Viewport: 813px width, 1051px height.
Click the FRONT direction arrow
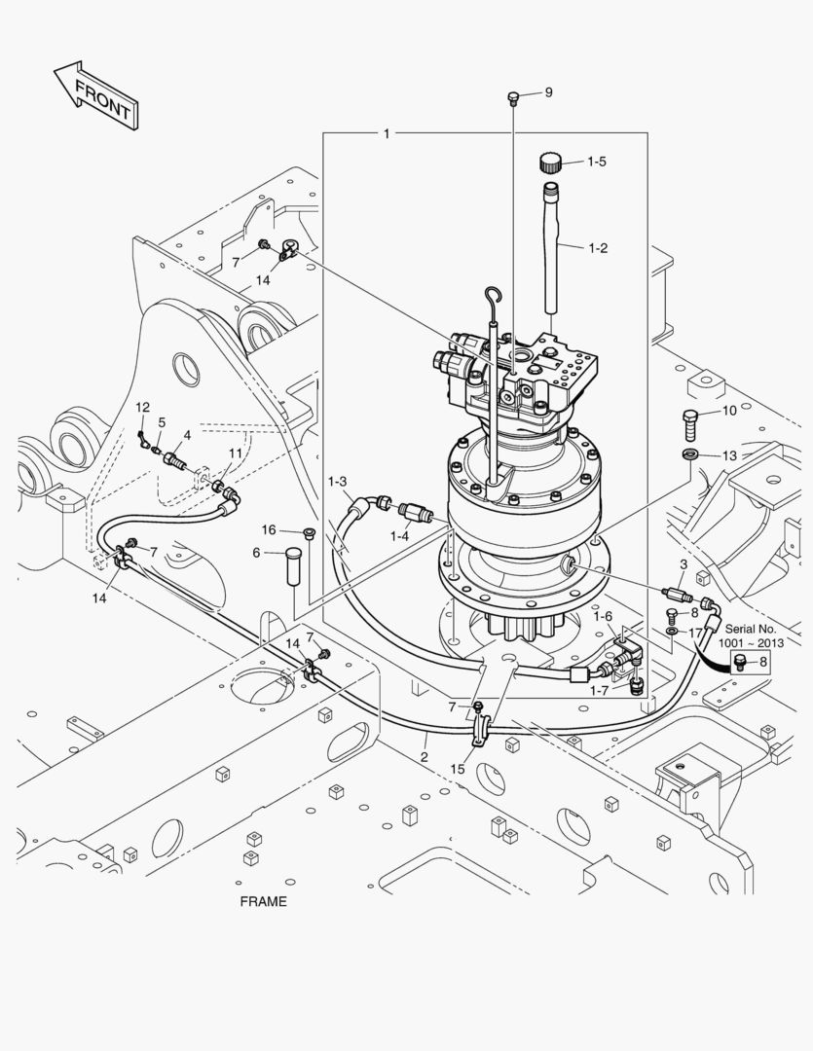coord(95,95)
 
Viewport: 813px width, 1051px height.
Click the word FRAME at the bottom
coord(263,901)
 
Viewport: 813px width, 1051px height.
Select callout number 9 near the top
coord(548,92)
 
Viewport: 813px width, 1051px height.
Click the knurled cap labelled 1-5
coord(552,161)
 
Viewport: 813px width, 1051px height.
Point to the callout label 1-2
coord(598,248)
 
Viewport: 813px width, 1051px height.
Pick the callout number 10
coord(729,412)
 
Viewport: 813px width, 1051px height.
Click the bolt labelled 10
coord(690,423)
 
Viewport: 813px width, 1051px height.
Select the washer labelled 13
coord(690,455)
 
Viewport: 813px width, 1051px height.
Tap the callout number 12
coord(142,407)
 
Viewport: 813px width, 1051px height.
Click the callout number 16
coord(270,529)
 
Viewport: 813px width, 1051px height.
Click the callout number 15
coord(458,769)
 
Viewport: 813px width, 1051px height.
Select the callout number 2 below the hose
coord(425,756)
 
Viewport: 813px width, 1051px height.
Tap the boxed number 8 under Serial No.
coord(762,663)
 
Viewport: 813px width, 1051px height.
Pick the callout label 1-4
coord(400,535)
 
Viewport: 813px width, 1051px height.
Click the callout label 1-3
coord(338,482)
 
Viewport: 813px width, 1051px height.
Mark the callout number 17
coord(695,632)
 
